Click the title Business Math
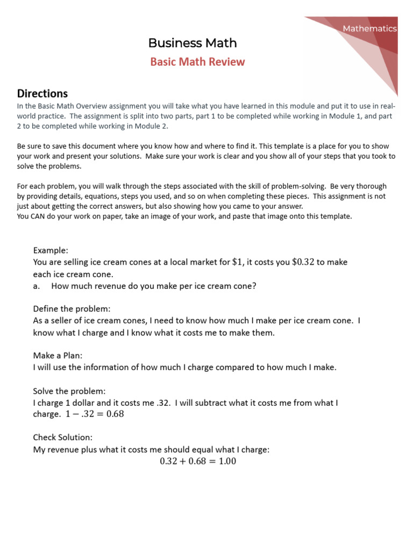pos(192,43)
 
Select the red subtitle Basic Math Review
pos(197,62)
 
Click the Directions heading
pos(42,93)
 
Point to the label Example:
pos(51,250)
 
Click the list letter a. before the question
pos(37,286)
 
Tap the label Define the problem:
pos(72,309)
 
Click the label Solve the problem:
pos(69,391)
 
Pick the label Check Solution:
pos(62,438)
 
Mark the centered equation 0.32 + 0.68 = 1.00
pos(198,462)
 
